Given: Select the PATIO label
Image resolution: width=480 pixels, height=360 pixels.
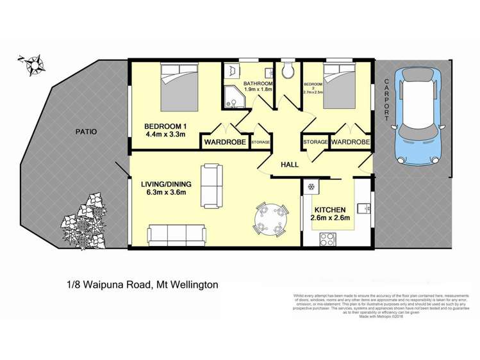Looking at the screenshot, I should [x=85, y=132].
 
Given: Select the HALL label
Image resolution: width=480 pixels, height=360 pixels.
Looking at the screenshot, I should [x=290, y=165].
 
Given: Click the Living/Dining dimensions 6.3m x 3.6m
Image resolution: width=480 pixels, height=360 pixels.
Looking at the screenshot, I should [x=163, y=193].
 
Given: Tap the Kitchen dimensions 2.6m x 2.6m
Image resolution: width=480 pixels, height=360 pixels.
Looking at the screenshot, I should [x=330, y=220].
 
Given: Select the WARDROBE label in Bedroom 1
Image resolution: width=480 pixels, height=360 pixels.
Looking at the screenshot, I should [x=225, y=142].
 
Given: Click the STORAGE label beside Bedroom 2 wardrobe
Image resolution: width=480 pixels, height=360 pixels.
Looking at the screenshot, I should [x=316, y=142].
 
